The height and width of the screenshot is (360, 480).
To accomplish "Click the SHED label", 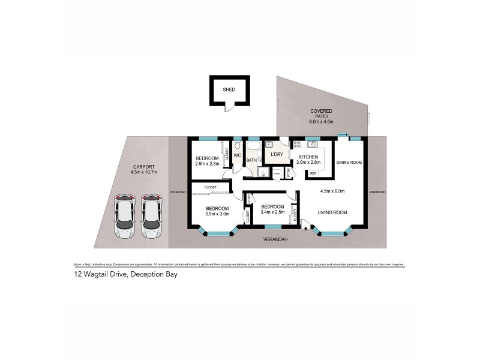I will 229,90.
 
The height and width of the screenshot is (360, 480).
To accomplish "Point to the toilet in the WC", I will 238,146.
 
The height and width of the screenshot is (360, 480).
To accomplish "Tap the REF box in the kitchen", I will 313,174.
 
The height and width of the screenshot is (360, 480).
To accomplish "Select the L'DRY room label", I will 277,155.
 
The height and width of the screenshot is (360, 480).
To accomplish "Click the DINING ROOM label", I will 348,162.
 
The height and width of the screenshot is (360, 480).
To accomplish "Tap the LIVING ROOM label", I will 332,212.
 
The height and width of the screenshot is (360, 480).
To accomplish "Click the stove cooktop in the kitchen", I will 296,144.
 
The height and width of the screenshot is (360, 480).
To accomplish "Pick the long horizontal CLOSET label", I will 211,187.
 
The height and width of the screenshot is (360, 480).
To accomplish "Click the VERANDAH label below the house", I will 277,239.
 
